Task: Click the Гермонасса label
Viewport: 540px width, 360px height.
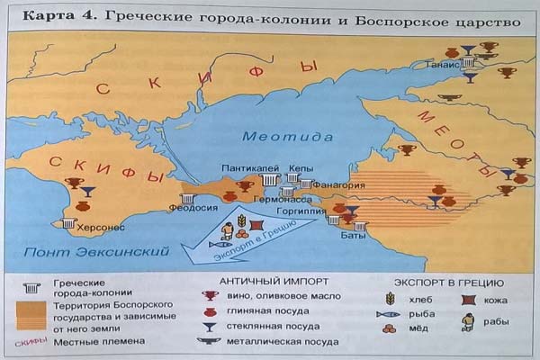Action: click(x=282, y=199)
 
